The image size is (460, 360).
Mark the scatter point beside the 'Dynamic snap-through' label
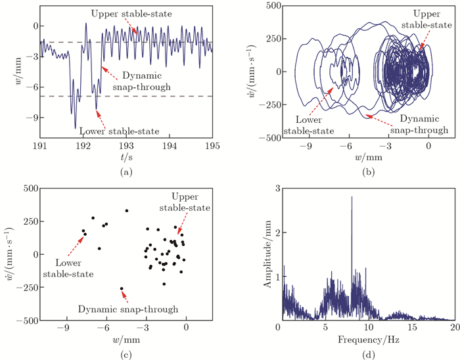pos(122,288)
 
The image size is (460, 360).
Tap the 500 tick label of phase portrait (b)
pos(272,6)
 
